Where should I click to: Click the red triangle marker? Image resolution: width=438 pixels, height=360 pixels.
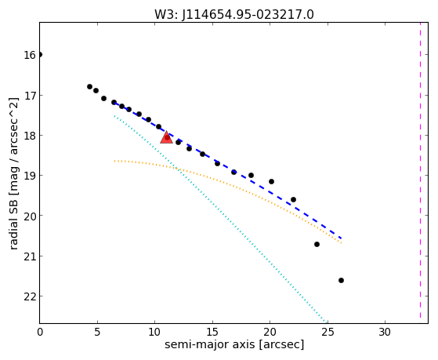click(x=166, y=137)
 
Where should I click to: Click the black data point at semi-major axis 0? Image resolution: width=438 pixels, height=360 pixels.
click(x=40, y=55)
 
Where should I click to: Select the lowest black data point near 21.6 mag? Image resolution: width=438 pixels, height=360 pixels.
click(x=341, y=280)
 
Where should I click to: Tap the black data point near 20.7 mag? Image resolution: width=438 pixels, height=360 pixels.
click(x=317, y=244)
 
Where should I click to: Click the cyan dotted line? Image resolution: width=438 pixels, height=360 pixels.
click(x=221, y=220)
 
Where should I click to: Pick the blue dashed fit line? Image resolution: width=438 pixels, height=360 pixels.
click(x=228, y=170)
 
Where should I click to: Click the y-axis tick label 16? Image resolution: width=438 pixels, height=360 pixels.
click(x=30, y=55)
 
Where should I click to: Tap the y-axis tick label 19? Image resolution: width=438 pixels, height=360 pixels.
click(x=30, y=176)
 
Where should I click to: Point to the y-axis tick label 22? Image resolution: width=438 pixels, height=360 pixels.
click(x=30, y=296)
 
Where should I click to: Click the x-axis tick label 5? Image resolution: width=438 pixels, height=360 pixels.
click(x=97, y=332)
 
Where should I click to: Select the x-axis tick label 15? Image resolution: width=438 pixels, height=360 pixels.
click(x=212, y=332)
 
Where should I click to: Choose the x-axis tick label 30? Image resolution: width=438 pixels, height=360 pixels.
click(x=385, y=332)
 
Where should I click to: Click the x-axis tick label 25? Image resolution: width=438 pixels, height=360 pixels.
click(x=328, y=332)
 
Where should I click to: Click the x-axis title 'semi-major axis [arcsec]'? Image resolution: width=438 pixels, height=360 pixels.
click(x=234, y=344)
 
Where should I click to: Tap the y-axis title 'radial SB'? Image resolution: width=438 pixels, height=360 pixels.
click(x=13, y=223)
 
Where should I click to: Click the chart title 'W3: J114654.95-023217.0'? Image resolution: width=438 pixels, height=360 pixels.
click(x=234, y=14)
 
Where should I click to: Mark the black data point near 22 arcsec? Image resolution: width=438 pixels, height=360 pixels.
click(x=293, y=199)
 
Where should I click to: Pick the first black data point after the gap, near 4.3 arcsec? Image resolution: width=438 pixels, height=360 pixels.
click(x=89, y=87)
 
